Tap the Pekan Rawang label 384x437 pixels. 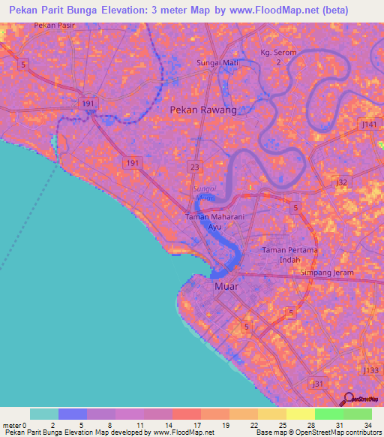pyautogui.click(x=203, y=110)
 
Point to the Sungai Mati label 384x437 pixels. pyautogui.click(x=217, y=63)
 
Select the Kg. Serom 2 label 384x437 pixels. pyautogui.click(x=279, y=57)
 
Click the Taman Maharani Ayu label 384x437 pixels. pyautogui.click(x=214, y=221)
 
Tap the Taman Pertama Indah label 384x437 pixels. pyautogui.click(x=290, y=254)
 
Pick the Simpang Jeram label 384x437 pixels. pyautogui.click(x=327, y=273)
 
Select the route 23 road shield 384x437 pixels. pyautogui.click(x=195, y=167)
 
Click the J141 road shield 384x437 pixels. pyautogui.click(x=369, y=123)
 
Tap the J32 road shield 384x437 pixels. pyautogui.click(x=343, y=182)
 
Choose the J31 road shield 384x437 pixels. pyautogui.click(x=318, y=384)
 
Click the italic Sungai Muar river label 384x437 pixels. pyautogui.click(x=204, y=192)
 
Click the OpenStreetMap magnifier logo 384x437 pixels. pyautogui.click(x=349, y=400)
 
